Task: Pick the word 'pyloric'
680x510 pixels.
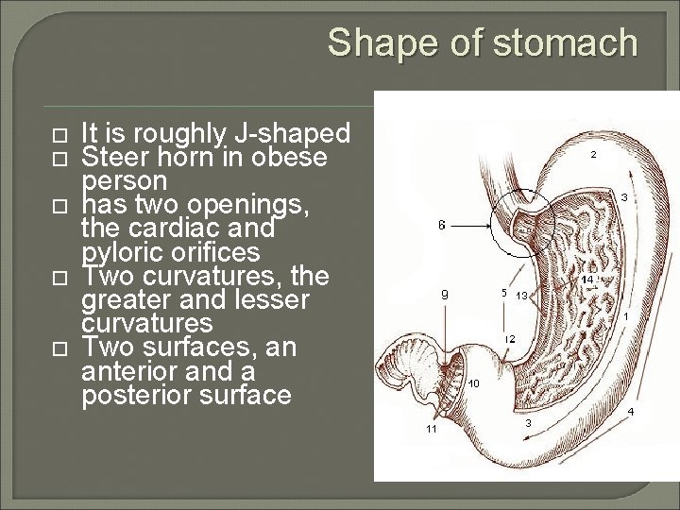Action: point(123,251)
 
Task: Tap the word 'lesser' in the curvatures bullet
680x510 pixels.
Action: point(279,299)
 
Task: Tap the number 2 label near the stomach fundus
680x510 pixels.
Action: point(593,153)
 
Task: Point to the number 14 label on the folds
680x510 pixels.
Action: point(586,280)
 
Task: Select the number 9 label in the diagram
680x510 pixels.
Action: point(445,294)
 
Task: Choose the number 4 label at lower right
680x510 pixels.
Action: point(630,412)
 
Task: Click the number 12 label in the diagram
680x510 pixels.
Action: point(509,338)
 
